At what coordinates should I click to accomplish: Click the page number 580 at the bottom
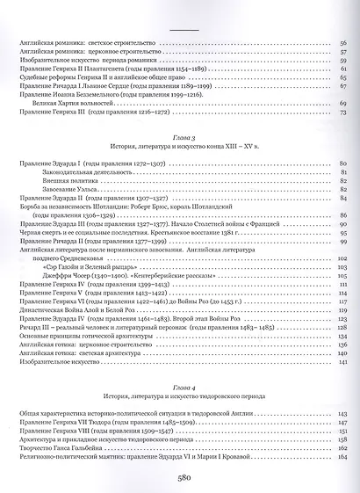(x=179, y=478)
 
